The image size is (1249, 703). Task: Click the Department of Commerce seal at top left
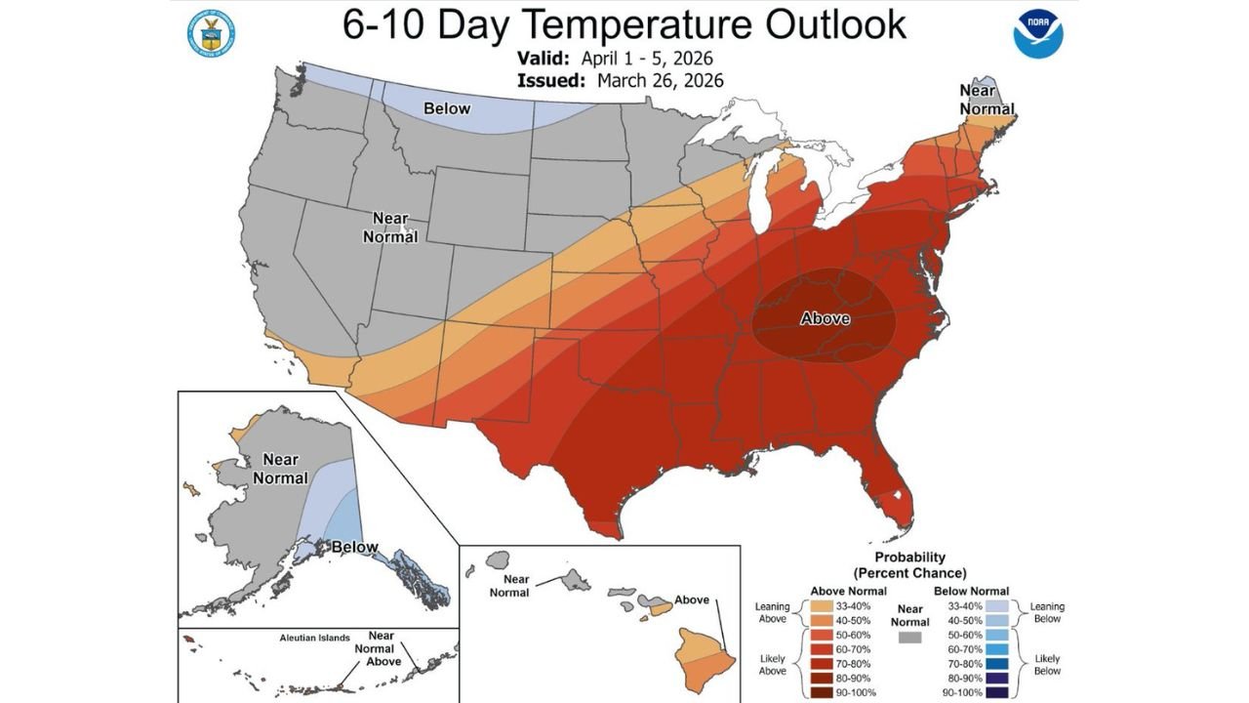(x=207, y=34)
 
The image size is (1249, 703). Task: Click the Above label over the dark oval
(x=825, y=318)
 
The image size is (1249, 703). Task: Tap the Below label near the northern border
(x=446, y=108)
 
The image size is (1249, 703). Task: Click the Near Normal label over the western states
(x=390, y=227)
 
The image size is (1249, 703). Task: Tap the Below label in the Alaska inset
(x=354, y=547)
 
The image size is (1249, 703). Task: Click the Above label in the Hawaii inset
(x=692, y=600)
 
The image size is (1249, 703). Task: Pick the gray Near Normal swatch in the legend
(x=911, y=637)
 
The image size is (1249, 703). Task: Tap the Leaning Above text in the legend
(x=772, y=613)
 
